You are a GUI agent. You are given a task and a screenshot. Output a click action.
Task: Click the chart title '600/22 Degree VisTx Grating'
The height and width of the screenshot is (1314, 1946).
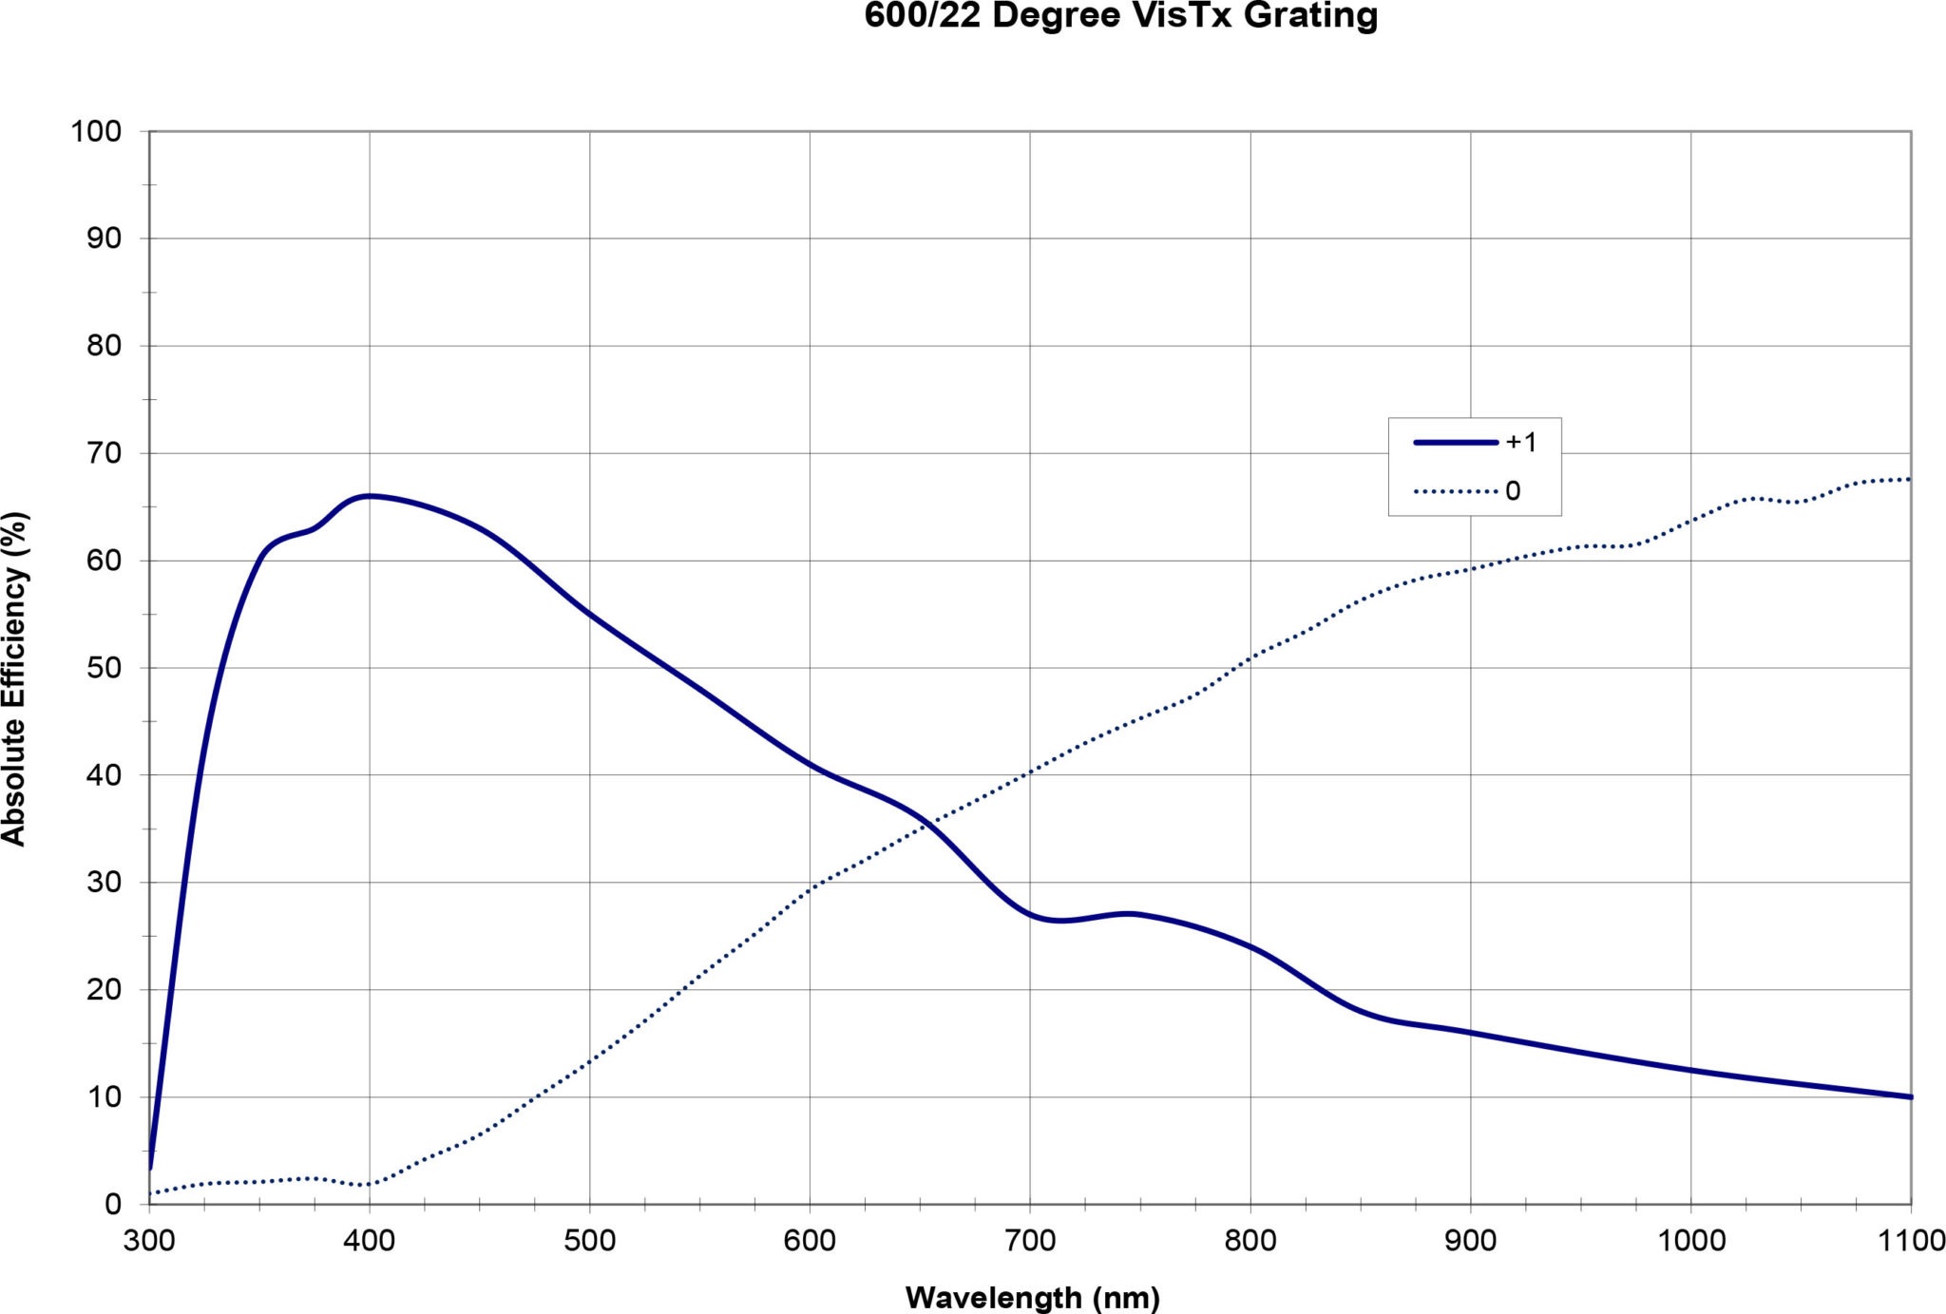1120,16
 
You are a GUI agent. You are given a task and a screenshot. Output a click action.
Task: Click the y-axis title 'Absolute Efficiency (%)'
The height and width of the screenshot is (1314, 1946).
15,678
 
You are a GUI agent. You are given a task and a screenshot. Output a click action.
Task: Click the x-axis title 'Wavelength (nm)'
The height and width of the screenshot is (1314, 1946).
1032,1297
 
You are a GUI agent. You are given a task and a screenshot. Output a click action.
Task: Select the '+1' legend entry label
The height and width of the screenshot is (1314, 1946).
1520,442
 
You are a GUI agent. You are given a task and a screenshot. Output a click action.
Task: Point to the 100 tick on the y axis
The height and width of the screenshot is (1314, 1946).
97,131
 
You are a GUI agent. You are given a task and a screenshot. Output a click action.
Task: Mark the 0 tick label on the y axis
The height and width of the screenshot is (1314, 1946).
113,1204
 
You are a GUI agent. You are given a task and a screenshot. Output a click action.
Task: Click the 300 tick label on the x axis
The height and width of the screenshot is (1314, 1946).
149,1241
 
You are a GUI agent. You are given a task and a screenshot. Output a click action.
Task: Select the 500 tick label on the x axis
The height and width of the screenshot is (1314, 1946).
589,1241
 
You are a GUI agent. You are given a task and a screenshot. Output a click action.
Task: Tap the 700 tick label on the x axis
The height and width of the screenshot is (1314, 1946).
1030,1241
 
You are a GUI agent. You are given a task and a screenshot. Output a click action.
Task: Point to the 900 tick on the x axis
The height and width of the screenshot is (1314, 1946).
1470,1241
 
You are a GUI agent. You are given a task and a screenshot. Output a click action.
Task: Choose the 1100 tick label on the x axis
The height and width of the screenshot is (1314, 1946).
1910,1241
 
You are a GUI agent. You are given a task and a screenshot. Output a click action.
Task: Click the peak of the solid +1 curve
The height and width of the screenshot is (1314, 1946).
370,496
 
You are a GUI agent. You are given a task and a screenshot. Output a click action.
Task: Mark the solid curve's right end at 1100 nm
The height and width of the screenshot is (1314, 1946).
1910,1096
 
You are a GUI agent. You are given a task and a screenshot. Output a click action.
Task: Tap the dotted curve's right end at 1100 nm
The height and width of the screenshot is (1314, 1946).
1908,479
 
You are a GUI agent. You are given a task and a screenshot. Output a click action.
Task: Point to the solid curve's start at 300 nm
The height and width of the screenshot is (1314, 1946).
150,1168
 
